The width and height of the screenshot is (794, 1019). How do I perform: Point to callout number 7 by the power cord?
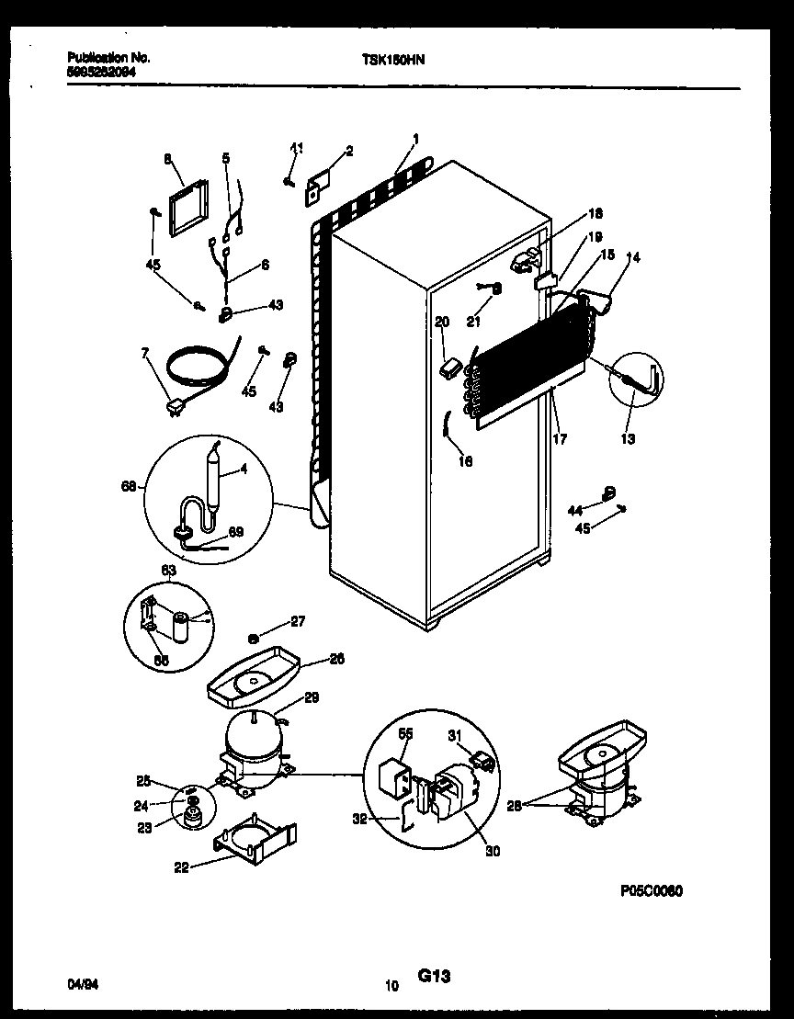[144, 353]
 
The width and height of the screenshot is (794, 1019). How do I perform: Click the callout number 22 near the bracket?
[181, 866]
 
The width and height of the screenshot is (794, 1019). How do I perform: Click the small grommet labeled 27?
[252, 637]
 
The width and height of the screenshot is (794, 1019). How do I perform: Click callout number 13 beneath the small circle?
[628, 439]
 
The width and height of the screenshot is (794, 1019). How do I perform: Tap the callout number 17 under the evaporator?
[560, 439]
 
